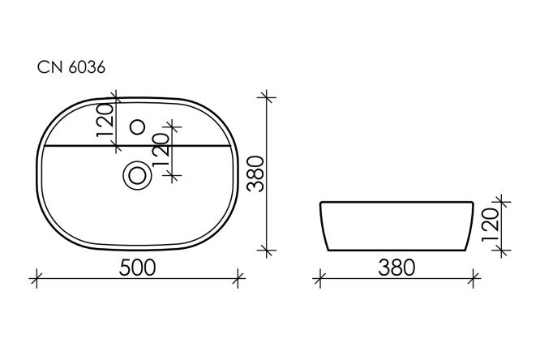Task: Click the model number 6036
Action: (x=86, y=69)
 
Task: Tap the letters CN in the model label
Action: (x=49, y=69)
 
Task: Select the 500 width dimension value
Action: (x=139, y=266)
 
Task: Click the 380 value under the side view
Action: (x=397, y=266)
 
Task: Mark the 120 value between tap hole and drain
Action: (x=161, y=149)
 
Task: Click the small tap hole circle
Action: (x=137, y=126)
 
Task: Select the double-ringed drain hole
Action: (x=137, y=174)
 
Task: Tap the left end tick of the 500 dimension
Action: (x=36, y=279)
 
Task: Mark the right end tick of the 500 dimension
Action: (x=238, y=279)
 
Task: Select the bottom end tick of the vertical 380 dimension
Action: (x=268, y=249)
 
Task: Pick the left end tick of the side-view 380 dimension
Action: (x=320, y=279)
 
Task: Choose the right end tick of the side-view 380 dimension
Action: (x=474, y=279)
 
